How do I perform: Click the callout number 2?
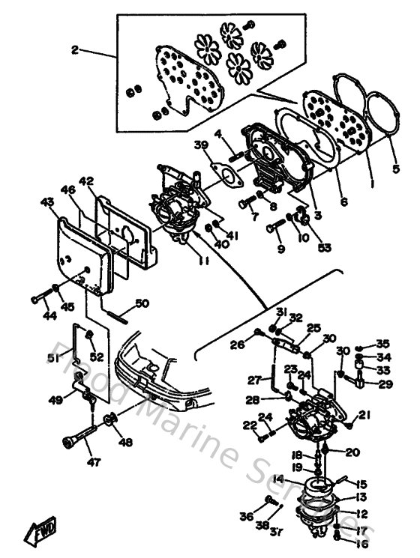point(75,50)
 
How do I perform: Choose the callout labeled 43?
point(47,202)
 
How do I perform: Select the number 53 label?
point(324,247)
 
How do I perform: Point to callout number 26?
point(238,345)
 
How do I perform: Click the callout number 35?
point(382,343)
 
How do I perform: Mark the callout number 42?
point(87,181)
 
